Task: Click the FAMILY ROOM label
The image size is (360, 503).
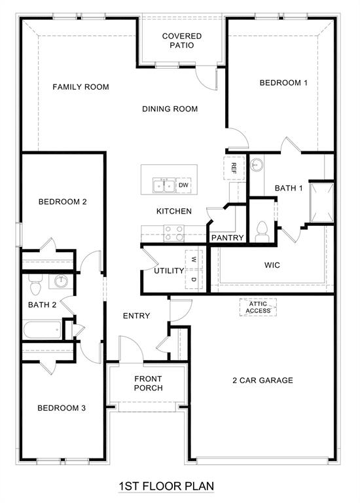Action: point(81,86)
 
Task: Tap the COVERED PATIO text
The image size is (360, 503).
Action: point(181,41)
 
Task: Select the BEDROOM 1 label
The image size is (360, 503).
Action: point(283,83)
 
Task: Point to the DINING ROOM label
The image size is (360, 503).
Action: point(170,109)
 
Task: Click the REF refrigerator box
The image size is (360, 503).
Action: point(234,168)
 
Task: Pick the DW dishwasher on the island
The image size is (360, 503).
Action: point(183,185)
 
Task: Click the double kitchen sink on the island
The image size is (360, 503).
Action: point(163,186)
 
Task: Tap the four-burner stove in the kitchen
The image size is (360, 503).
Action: point(173,233)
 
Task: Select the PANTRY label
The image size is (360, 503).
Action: point(227,238)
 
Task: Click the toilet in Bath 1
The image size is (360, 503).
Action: point(262,231)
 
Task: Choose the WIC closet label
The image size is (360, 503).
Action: point(272,266)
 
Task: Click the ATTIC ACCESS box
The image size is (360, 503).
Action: point(258,307)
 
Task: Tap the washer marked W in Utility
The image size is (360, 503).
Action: point(194,259)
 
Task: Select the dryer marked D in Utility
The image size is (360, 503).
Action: point(194,280)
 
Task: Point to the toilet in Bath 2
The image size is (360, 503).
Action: point(35,284)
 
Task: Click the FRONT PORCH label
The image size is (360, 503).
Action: point(148,383)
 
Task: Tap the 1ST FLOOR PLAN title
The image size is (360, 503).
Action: point(166,487)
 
